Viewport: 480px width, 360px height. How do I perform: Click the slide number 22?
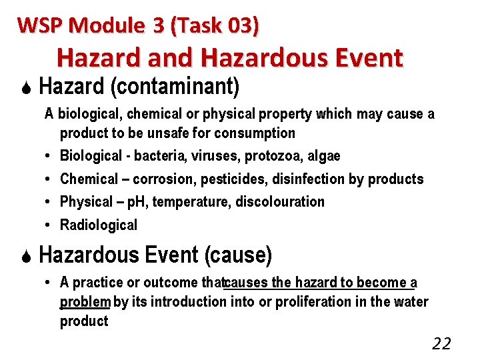441,344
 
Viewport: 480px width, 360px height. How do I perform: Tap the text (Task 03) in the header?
216,25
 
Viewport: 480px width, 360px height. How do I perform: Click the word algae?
324,156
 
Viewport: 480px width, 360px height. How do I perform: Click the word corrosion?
159,179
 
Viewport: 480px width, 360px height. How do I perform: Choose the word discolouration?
280,201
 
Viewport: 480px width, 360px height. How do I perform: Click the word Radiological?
99,225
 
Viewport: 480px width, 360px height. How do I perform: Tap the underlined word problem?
85,302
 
